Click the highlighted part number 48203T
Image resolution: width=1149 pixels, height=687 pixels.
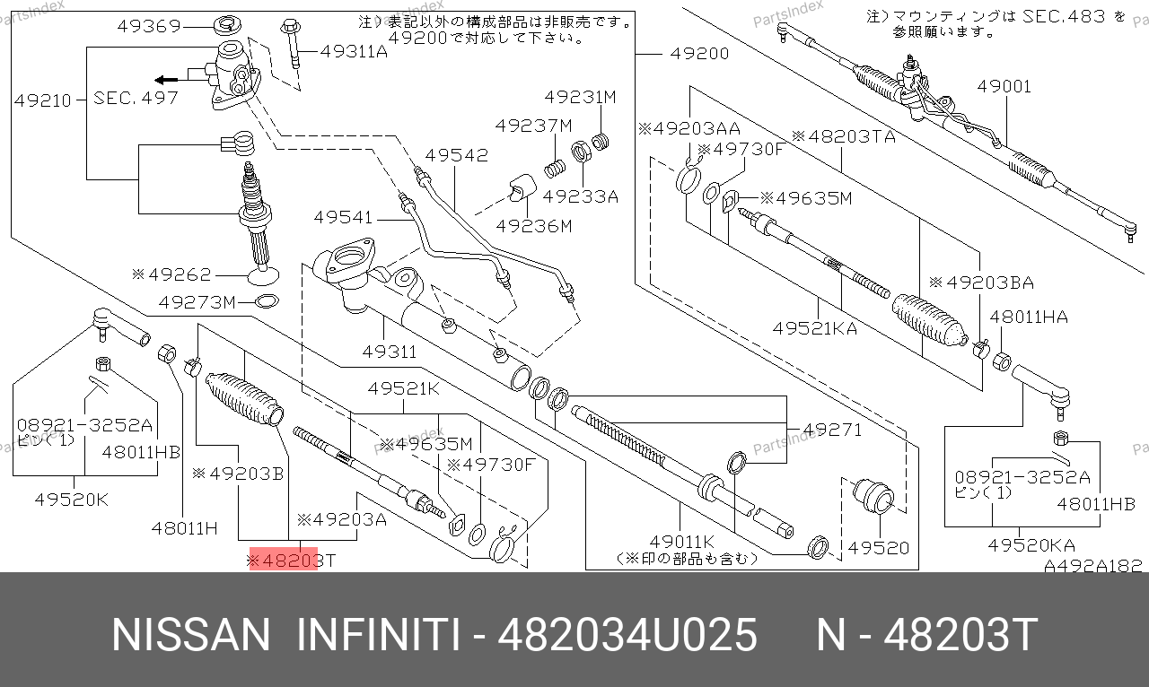(292, 560)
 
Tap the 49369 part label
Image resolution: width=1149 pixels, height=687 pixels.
(149, 26)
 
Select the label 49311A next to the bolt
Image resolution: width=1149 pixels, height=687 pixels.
(354, 51)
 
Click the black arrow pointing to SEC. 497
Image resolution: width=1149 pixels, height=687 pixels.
(166, 80)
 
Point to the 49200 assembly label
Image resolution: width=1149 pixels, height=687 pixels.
(699, 53)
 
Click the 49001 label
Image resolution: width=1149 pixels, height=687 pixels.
(1004, 86)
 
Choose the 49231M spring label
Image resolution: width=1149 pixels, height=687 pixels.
(580, 97)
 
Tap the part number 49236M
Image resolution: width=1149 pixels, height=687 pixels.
(533, 226)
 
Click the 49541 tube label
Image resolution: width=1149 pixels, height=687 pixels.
(343, 217)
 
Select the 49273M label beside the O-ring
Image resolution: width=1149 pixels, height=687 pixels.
(197, 302)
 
